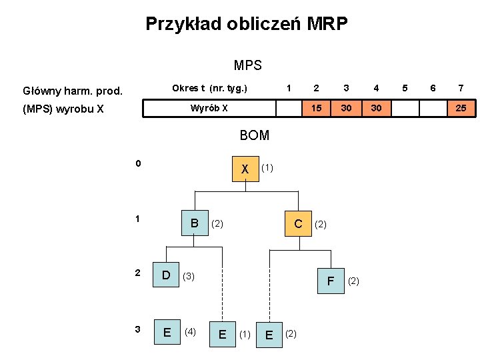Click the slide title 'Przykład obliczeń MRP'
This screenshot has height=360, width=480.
point(247,25)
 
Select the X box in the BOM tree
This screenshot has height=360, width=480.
point(245,169)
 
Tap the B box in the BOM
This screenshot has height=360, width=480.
point(195,223)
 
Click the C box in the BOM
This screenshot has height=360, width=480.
point(299,223)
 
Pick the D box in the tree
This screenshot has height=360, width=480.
point(167,275)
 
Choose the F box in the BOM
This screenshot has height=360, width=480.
point(330,281)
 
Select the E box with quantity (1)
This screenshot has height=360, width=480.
point(222,333)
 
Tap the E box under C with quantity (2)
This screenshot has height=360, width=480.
point(269,333)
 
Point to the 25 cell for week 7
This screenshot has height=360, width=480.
point(461,108)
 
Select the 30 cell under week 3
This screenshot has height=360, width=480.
point(346,108)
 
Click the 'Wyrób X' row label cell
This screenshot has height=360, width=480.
point(209,108)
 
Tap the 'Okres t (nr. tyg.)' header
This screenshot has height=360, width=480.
point(209,88)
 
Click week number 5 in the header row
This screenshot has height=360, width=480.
point(405,88)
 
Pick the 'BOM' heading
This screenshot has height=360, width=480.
point(254,135)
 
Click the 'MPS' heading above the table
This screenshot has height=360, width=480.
point(247,65)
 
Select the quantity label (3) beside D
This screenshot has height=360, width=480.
point(189,275)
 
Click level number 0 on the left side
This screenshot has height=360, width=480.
point(138,163)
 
